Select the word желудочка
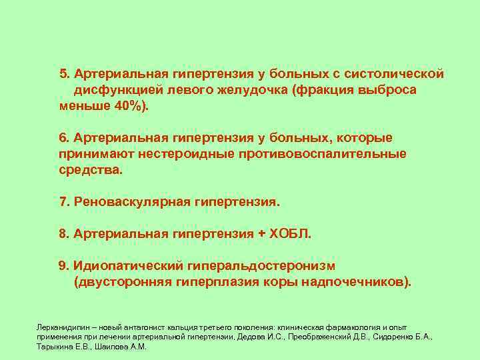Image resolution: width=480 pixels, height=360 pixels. (x=247, y=89)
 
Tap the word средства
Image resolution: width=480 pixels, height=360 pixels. (x=90, y=170)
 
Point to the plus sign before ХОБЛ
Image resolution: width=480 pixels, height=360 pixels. (x=261, y=234)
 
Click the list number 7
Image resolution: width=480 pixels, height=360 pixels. (x=63, y=201)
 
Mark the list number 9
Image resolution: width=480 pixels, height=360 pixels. (x=63, y=266)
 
